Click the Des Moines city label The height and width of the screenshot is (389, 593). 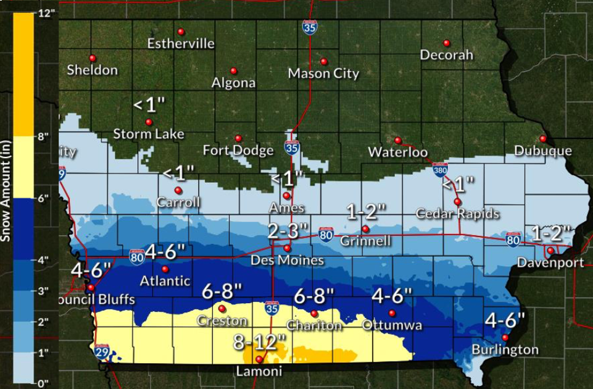tap(287, 261)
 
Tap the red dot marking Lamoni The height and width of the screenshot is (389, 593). tap(259, 359)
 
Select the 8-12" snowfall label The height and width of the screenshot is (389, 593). tap(260, 342)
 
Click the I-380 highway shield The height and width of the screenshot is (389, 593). tap(439, 169)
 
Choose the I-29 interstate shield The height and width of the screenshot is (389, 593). tap(101, 353)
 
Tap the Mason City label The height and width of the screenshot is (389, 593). tap(323, 74)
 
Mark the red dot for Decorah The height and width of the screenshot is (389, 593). tap(447, 43)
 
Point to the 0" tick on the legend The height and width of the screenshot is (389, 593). tap(42, 383)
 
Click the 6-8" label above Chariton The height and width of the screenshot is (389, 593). tap(313, 296)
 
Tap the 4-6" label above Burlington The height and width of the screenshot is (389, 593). tap(505, 320)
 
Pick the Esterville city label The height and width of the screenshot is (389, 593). tap(181, 44)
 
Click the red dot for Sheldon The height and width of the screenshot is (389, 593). tap(93, 57)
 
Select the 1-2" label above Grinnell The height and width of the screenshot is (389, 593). tap(366, 211)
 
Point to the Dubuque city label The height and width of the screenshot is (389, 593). tap(543, 151)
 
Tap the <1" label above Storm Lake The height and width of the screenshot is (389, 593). tap(149, 105)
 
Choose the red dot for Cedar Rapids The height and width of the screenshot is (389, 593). tap(457, 202)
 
